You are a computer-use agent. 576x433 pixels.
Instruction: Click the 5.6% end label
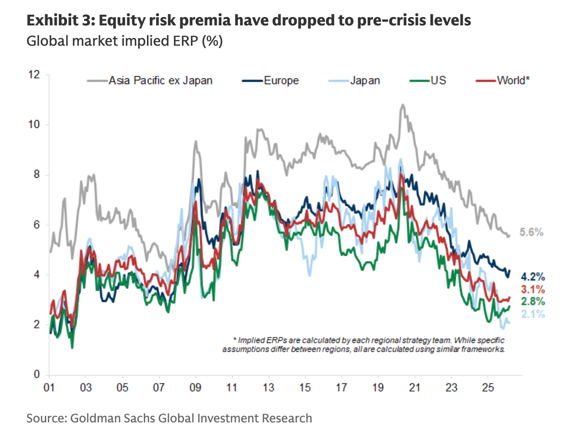[x=532, y=233]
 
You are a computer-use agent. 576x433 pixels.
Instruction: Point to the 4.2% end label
[x=533, y=277]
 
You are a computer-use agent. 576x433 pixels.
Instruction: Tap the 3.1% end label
[x=533, y=290]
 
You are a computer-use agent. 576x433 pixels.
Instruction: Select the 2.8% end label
[x=533, y=302]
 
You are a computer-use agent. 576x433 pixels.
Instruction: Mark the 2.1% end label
[x=533, y=314]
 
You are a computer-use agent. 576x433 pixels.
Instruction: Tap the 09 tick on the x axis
[x=196, y=387]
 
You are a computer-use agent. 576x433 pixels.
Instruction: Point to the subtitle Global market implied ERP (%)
[x=125, y=41]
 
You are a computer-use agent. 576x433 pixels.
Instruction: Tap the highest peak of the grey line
[x=402, y=105]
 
